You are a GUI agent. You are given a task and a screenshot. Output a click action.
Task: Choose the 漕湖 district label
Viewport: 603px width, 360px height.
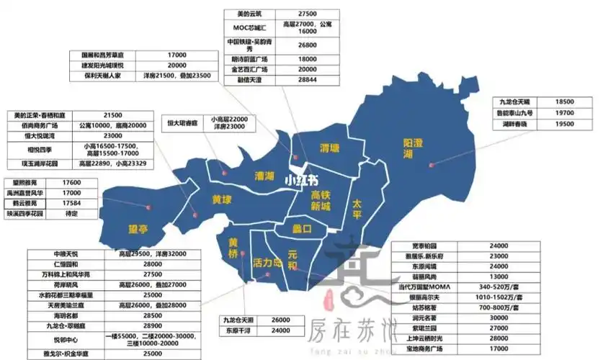(x=264, y=176)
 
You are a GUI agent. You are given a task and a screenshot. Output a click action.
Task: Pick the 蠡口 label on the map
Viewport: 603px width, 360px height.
(x=302, y=230)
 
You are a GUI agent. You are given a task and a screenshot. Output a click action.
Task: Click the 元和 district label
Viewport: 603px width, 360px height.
(x=292, y=261)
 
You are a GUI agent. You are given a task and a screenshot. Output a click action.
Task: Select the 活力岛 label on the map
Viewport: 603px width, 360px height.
(x=267, y=263)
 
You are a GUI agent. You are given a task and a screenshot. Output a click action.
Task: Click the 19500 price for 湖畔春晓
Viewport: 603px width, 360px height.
(x=565, y=124)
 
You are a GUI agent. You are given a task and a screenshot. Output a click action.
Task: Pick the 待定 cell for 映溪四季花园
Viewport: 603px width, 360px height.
(x=71, y=214)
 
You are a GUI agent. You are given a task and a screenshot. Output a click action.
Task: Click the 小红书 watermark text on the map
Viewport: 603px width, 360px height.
(x=300, y=181)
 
